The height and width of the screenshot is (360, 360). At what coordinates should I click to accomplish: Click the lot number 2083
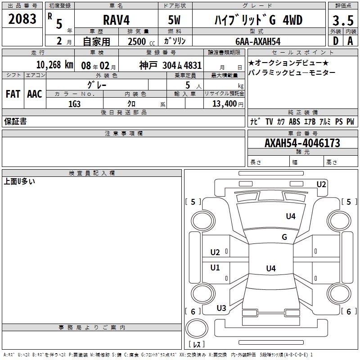(x=22, y=19)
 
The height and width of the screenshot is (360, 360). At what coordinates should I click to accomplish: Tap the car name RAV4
(x=116, y=20)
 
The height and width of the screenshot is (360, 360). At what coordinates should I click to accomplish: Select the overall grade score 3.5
(x=343, y=20)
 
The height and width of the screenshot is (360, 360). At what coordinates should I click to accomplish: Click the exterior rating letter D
(x=336, y=41)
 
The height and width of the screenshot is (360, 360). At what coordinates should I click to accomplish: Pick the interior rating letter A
(x=350, y=41)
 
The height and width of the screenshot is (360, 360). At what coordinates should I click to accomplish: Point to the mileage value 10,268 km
(x=55, y=65)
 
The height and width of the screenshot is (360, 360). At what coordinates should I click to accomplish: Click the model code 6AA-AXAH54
(x=258, y=41)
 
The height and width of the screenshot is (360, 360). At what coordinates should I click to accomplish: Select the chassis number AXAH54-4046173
(x=302, y=143)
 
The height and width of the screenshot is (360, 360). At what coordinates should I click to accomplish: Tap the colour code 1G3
(x=74, y=104)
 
